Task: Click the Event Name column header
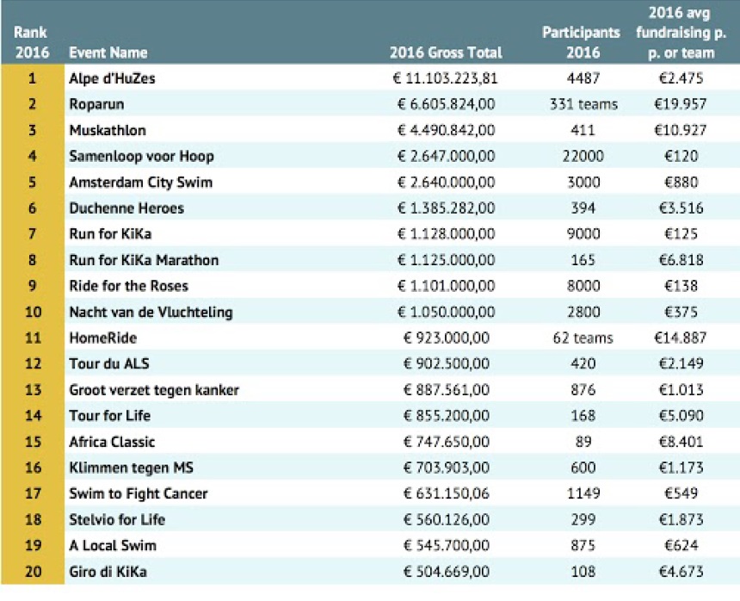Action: [x=108, y=53]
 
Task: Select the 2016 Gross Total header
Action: [x=446, y=53]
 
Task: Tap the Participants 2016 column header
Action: [x=582, y=42]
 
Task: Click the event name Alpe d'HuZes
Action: [x=112, y=77]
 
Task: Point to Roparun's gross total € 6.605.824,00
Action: [x=446, y=104]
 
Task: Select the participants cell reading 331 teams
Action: [x=583, y=104]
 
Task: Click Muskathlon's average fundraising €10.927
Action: [x=680, y=130]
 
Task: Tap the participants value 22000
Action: [x=583, y=156]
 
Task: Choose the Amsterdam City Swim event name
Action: [x=140, y=183]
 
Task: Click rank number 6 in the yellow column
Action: [x=32, y=208]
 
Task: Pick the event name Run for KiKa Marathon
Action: [x=144, y=260]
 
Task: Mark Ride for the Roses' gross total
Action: [x=446, y=286]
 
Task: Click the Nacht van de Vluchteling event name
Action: [x=151, y=312]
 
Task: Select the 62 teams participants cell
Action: [x=583, y=338]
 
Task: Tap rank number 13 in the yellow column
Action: [x=33, y=389]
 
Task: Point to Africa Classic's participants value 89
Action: [x=583, y=442]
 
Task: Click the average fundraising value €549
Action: [x=681, y=493]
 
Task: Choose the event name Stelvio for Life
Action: [x=117, y=519]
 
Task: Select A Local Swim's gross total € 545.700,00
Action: [x=446, y=545]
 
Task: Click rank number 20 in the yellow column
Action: [x=33, y=571]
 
